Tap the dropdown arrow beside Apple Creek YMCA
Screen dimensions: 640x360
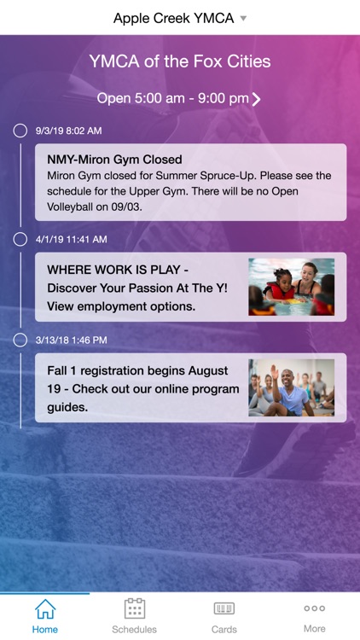tap(243, 18)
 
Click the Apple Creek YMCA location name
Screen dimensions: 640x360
tap(173, 18)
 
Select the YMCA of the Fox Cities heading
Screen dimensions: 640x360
tap(180, 61)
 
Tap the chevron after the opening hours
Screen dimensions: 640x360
tap(257, 99)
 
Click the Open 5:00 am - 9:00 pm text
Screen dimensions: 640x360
tap(172, 98)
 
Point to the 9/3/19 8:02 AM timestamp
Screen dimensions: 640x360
tap(68, 131)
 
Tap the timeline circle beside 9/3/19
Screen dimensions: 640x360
tap(20, 131)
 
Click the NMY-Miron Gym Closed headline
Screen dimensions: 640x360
tap(114, 160)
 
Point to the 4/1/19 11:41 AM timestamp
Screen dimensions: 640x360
tap(72, 239)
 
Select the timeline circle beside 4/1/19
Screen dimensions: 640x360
tap(20, 239)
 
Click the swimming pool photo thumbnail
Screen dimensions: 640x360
tap(291, 287)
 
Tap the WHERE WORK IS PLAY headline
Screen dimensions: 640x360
tap(118, 270)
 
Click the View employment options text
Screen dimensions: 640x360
tap(121, 305)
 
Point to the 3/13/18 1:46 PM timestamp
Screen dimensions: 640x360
tap(72, 340)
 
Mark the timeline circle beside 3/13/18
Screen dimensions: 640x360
tap(20, 340)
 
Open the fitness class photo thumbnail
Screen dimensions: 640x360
tap(291, 387)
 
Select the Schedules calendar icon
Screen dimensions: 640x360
tap(135, 608)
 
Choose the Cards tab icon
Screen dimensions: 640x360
tap(224, 608)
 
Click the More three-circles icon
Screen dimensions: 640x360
tap(314, 608)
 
